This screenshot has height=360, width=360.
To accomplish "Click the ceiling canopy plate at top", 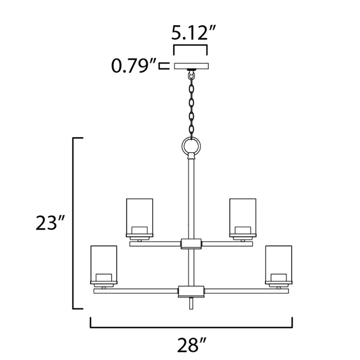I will tap(191, 66).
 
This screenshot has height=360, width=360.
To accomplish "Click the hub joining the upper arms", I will tap(191, 243).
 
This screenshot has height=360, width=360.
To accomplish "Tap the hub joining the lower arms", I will tap(191, 291).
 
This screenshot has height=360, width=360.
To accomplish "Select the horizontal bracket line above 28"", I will tap(191, 326).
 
